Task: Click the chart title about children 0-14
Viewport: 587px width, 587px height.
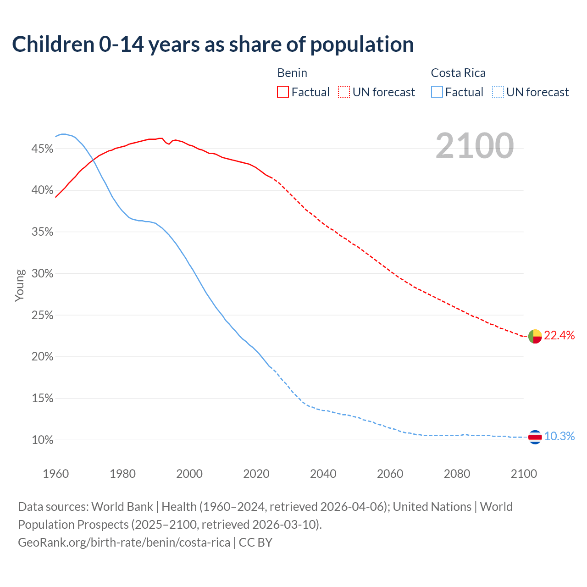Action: click(213, 44)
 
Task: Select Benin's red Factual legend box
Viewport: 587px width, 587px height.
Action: click(283, 92)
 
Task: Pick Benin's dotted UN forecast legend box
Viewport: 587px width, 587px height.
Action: click(344, 92)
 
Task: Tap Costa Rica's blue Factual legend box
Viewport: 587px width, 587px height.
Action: click(437, 92)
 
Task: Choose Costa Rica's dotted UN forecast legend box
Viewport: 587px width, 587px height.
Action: click(498, 92)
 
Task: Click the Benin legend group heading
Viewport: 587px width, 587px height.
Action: click(292, 73)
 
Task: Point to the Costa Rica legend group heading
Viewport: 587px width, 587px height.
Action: click(458, 73)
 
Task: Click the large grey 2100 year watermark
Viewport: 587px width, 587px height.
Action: click(475, 146)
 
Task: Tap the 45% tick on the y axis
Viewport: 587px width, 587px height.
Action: click(42, 149)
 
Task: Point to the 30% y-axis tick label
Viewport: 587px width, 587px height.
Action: click(42, 274)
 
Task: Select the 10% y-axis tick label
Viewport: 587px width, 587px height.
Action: click(42, 440)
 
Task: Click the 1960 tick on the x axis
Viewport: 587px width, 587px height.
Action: click(55, 473)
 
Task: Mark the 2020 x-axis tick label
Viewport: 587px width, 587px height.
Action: click(256, 473)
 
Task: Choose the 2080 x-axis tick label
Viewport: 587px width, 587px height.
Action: click(457, 473)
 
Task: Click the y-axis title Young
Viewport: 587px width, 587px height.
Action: click(19, 285)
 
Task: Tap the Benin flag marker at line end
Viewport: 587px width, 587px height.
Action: click(535, 336)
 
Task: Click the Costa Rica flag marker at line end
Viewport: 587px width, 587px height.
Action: click(535, 437)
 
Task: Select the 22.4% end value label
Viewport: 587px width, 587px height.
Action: click(559, 336)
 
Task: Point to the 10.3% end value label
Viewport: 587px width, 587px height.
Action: click(559, 437)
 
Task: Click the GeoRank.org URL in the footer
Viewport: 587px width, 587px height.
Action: click(124, 543)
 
